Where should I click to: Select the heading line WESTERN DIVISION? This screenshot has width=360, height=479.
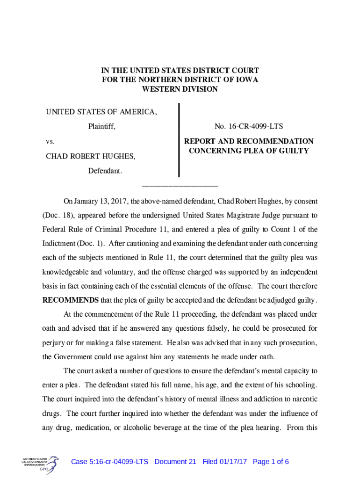click(x=180, y=89)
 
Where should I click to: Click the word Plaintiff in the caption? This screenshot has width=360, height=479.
click(x=102, y=126)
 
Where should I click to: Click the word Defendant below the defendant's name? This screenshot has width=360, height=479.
click(x=105, y=171)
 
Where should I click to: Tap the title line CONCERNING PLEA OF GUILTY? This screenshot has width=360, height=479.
click(x=249, y=151)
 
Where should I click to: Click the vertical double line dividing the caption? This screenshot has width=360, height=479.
click(x=178, y=140)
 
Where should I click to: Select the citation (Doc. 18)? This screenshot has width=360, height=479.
click(x=59, y=216)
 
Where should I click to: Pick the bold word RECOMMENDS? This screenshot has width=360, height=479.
click(x=72, y=300)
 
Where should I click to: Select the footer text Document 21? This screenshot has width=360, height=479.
click(x=175, y=462)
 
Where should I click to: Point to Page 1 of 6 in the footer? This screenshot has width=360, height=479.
click(x=271, y=462)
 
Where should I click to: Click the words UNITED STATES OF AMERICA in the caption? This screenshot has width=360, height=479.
click(x=101, y=112)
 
